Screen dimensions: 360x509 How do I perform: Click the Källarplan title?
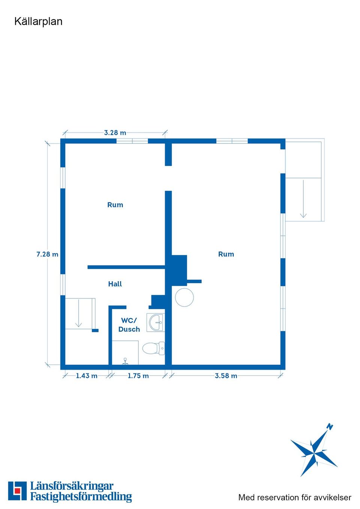click(x=38, y=22)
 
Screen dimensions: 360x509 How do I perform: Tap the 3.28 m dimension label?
click(x=115, y=133)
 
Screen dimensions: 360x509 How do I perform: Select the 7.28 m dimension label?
click(x=47, y=254)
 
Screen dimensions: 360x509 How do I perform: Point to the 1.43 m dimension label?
click(x=87, y=376)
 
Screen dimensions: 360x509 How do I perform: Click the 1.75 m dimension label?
click(x=138, y=376)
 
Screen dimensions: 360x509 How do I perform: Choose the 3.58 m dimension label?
click(x=226, y=376)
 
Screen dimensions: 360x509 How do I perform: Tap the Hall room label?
click(x=115, y=284)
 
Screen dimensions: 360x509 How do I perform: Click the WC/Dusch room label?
click(x=129, y=325)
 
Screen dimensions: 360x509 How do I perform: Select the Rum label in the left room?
click(x=115, y=205)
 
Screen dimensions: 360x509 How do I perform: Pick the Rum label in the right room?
click(x=226, y=254)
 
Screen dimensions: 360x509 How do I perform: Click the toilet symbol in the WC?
click(x=153, y=349)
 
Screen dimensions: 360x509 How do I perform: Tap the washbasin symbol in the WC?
click(x=156, y=322)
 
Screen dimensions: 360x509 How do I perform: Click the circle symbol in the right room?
click(x=184, y=297)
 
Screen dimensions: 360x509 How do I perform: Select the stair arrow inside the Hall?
click(x=78, y=313)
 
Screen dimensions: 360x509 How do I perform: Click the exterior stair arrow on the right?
click(x=303, y=199)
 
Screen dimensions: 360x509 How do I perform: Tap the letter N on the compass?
click(x=330, y=427)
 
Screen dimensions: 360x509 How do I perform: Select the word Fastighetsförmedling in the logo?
click(x=81, y=497)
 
